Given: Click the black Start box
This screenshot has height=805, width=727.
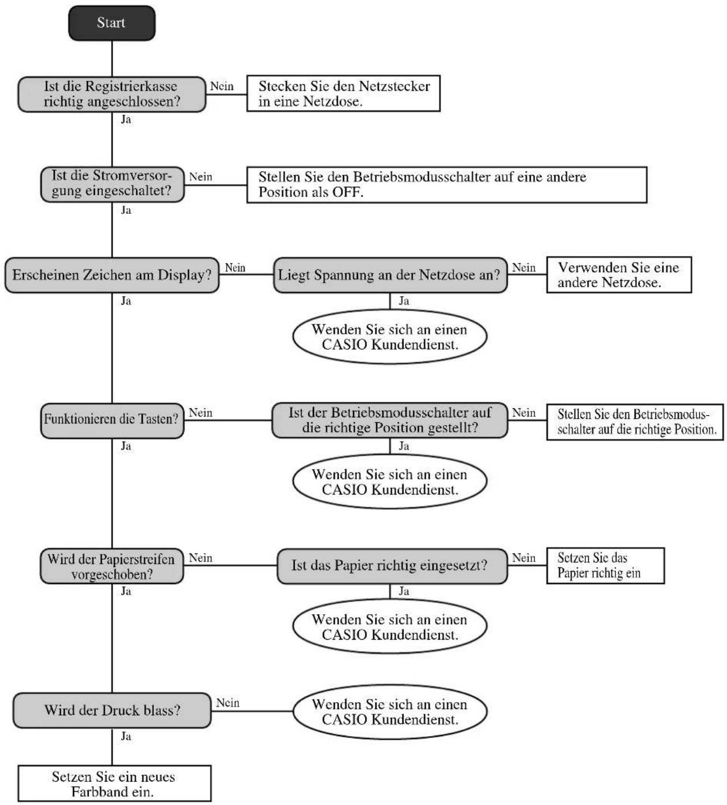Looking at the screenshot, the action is [112, 23].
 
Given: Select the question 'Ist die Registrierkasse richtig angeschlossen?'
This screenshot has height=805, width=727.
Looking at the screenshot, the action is [112, 94].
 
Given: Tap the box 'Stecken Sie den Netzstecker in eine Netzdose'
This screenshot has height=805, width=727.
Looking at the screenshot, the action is [343, 94].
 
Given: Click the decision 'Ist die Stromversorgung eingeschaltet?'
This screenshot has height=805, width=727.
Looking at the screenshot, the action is [112, 184].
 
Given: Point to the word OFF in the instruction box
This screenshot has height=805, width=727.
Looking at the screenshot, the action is [347, 192].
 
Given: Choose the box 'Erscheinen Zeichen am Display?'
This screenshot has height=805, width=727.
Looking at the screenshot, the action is [112, 275].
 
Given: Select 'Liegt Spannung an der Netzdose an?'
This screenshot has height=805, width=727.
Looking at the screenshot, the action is [390, 275].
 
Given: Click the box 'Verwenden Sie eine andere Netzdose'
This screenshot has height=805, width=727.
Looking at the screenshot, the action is [619, 275].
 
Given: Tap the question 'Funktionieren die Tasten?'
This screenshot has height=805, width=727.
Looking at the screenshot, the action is [112, 421].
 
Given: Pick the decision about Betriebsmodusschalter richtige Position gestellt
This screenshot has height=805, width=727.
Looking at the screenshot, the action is [390, 420].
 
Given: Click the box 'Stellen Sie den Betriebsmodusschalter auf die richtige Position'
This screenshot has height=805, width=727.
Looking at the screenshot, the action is [635, 422].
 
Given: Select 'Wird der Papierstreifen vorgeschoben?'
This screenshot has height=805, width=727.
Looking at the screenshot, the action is [112, 566].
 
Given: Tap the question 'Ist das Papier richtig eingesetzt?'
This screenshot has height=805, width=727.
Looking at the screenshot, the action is [392, 566].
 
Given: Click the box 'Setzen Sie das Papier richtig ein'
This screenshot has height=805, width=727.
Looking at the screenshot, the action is [606, 566].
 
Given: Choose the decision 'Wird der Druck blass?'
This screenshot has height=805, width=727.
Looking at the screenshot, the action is [112, 711].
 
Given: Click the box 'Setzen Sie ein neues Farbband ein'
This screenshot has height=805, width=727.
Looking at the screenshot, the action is [115, 784].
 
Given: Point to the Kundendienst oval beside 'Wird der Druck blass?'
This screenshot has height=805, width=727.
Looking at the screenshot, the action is [390, 712].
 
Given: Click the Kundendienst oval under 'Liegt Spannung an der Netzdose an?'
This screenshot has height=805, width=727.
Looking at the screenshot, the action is [390, 337].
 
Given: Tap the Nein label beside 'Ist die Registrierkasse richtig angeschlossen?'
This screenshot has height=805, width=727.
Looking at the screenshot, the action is [222, 86].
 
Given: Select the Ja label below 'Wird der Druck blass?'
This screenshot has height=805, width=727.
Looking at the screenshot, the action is [126, 736].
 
